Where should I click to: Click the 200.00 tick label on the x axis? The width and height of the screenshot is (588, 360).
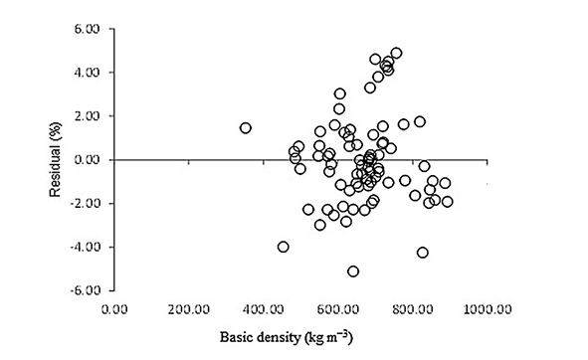click(x=208, y=308)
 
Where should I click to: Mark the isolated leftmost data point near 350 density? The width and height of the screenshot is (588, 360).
click(x=246, y=128)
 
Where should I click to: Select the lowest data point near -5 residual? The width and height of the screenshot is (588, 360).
click(x=353, y=270)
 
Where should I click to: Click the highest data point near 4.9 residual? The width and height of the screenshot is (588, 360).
click(x=396, y=53)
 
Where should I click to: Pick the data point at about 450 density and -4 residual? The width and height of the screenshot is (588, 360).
click(x=284, y=247)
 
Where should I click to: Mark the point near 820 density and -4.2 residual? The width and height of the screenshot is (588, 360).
click(x=423, y=253)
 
